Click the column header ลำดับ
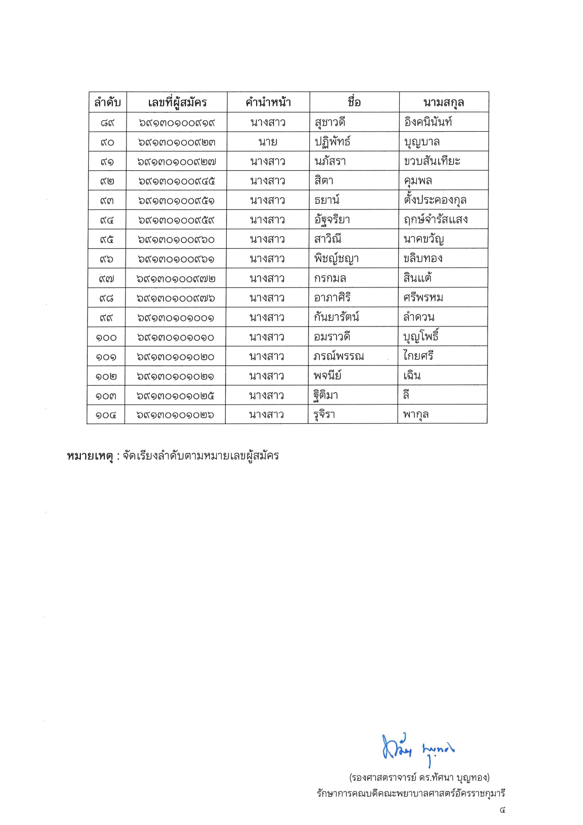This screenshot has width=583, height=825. pyautogui.click(x=107, y=102)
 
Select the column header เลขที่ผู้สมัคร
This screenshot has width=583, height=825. pyautogui.click(x=177, y=102)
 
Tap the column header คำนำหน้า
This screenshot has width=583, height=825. pyautogui.click(x=268, y=102)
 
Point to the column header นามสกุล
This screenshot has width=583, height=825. pyautogui.click(x=443, y=102)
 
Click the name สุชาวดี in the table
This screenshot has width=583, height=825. pyautogui.click(x=330, y=123)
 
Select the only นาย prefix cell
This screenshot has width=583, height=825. pyautogui.click(x=268, y=142)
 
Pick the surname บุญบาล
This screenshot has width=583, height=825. pyautogui.click(x=422, y=142)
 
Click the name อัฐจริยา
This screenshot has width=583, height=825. pyautogui.click(x=332, y=220)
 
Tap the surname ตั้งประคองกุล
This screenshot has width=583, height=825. pyautogui.click(x=435, y=200)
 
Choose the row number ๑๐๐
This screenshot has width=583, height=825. pyautogui.click(x=106, y=337)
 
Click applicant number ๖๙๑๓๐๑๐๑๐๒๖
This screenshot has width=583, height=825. pyautogui.click(x=175, y=415)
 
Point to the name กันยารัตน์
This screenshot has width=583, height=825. pyautogui.click(x=337, y=317)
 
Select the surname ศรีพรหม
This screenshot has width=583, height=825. pyautogui.click(x=423, y=298)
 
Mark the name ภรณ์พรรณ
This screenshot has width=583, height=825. pyautogui.click(x=339, y=357)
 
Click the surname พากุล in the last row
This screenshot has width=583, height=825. pyautogui.click(x=416, y=415)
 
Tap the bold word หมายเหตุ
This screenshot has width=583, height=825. pyautogui.click(x=90, y=456)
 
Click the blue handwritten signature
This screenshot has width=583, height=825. pyautogui.click(x=418, y=748)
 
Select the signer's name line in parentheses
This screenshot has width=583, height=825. pyautogui.click(x=419, y=777)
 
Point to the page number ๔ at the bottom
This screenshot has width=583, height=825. pyautogui.click(x=502, y=810)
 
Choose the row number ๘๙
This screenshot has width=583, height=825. pyautogui.click(x=107, y=123)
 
